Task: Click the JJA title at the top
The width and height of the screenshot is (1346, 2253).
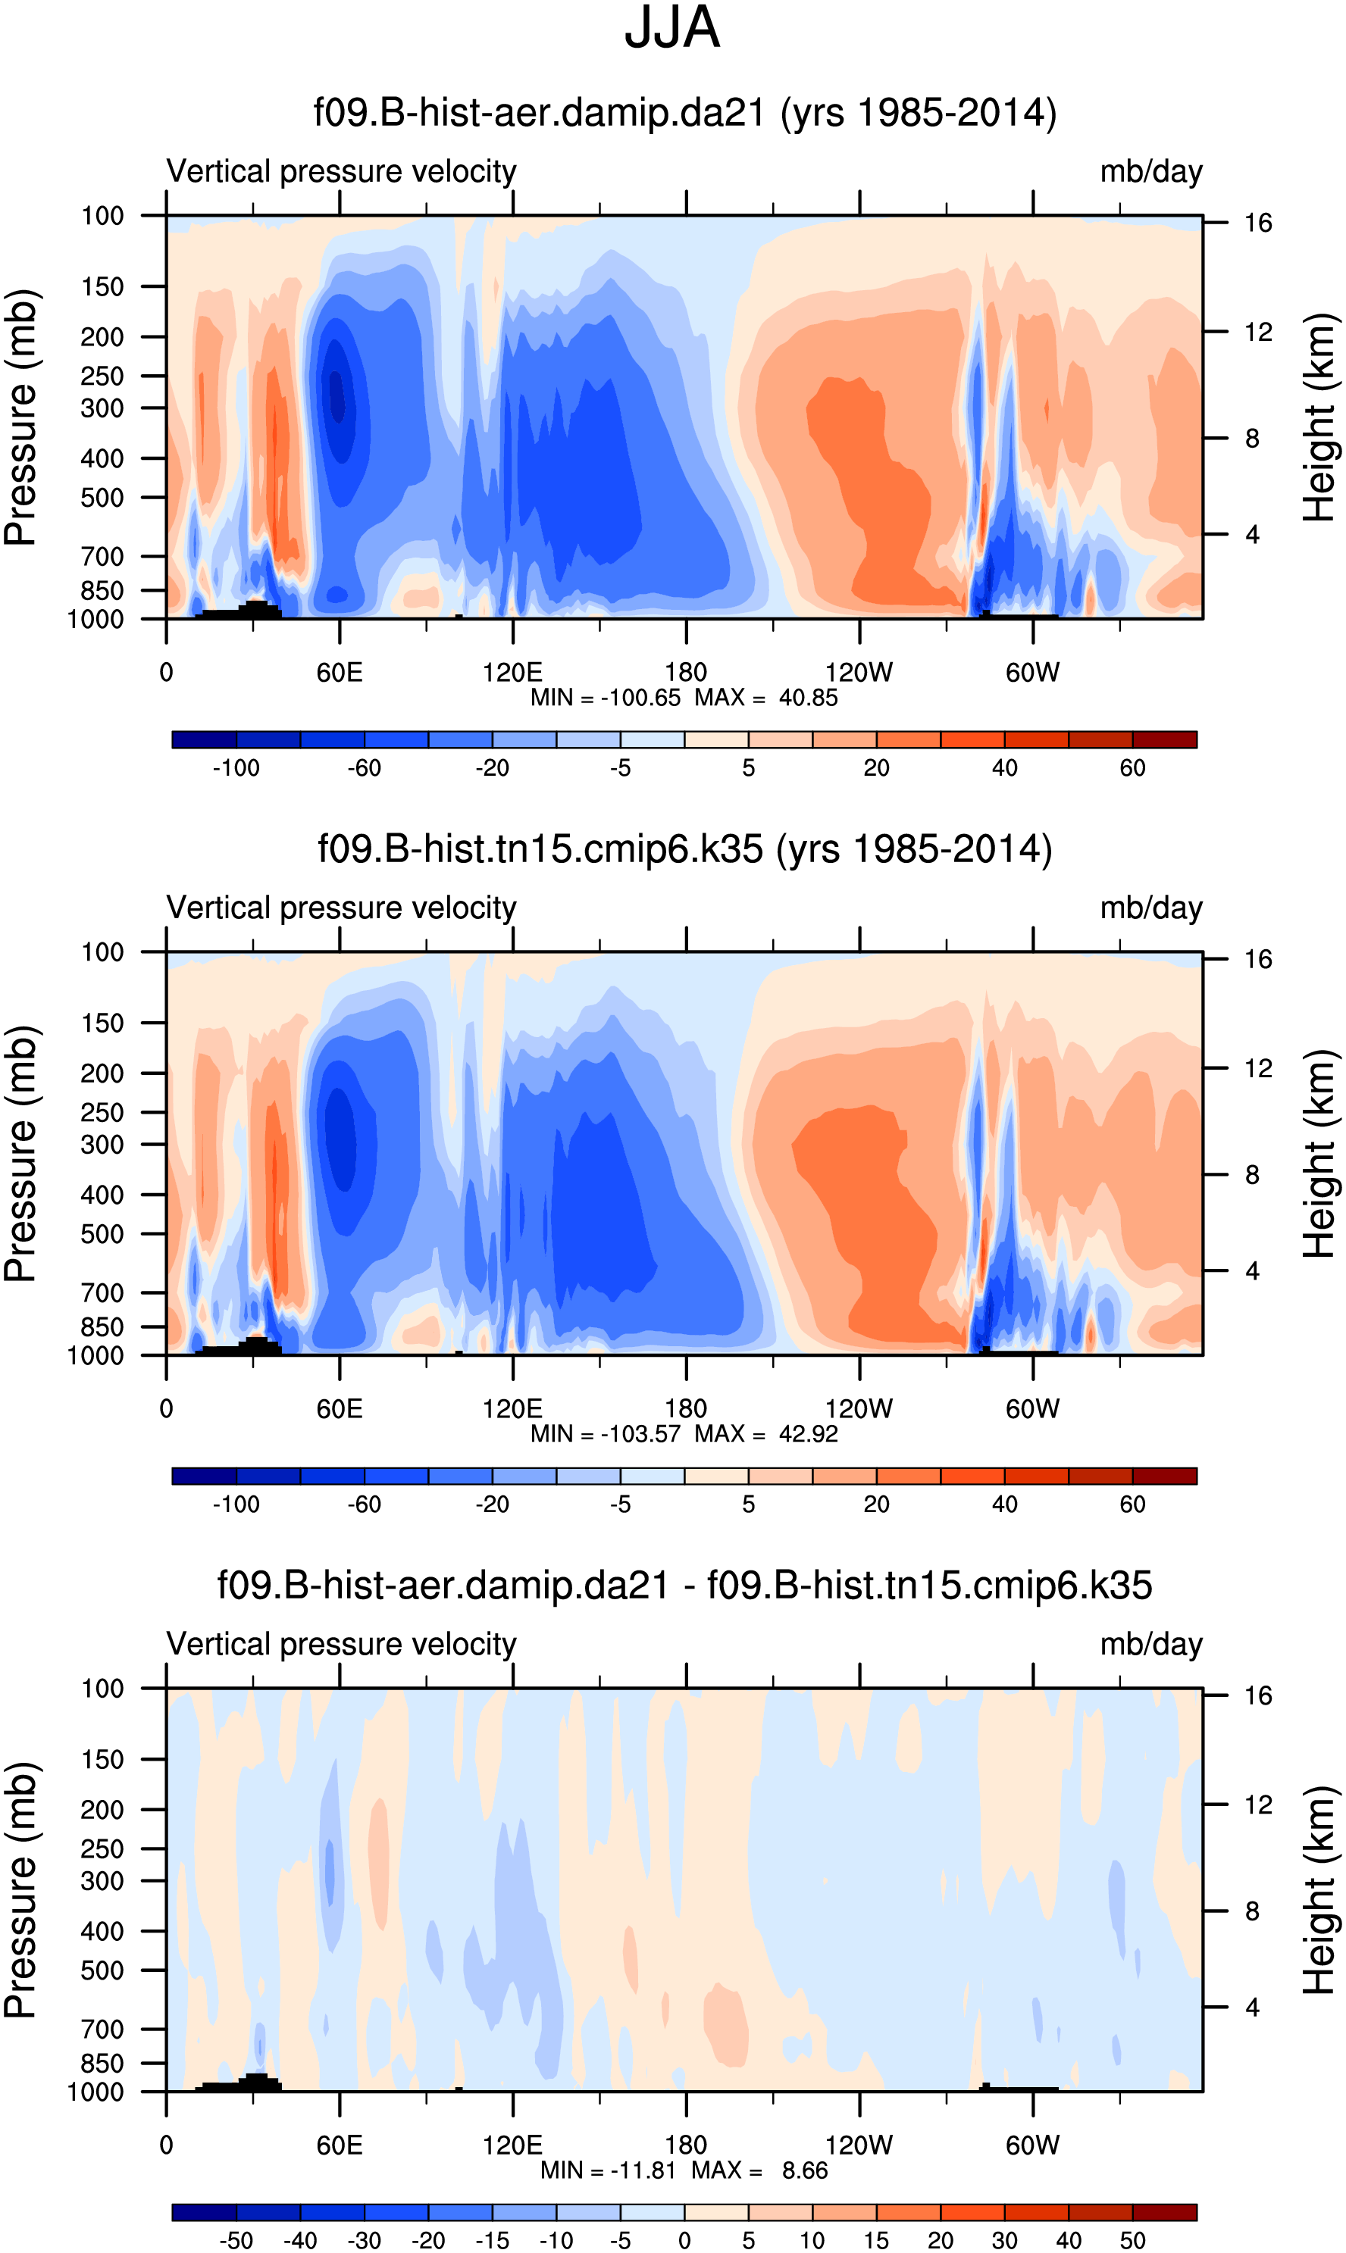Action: (x=672, y=29)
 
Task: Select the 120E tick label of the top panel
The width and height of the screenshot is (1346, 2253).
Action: (x=512, y=672)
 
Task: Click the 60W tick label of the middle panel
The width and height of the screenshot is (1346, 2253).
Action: (x=1032, y=1408)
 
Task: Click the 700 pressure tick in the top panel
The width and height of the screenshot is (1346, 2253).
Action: (x=102, y=557)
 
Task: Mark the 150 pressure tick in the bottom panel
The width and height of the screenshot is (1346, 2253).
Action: (x=102, y=1759)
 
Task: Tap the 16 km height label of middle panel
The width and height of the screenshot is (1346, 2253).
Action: (x=1257, y=959)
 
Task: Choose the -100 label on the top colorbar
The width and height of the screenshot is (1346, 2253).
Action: (x=236, y=768)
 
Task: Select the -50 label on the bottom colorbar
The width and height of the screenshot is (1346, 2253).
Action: (x=236, y=2240)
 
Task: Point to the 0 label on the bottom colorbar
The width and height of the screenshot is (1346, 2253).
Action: (x=685, y=2240)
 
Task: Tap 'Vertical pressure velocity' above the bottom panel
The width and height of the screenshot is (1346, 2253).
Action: (x=341, y=1644)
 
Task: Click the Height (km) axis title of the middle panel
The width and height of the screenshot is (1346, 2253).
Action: (x=1319, y=1153)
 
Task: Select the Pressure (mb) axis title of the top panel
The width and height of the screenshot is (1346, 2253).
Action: (x=20, y=417)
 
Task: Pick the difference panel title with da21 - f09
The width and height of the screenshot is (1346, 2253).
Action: (x=685, y=1586)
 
